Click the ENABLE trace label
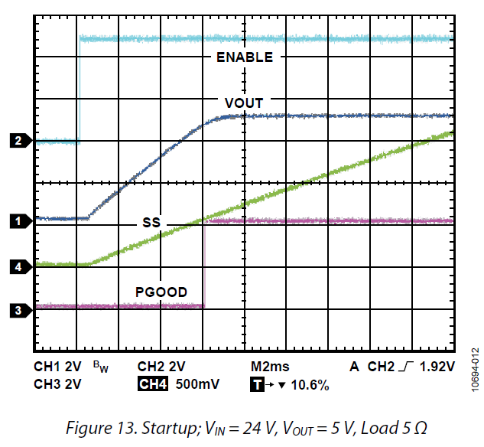click(244, 57)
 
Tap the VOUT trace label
click(244, 103)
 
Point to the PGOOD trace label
click(161, 292)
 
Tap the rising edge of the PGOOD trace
click(204, 264)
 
